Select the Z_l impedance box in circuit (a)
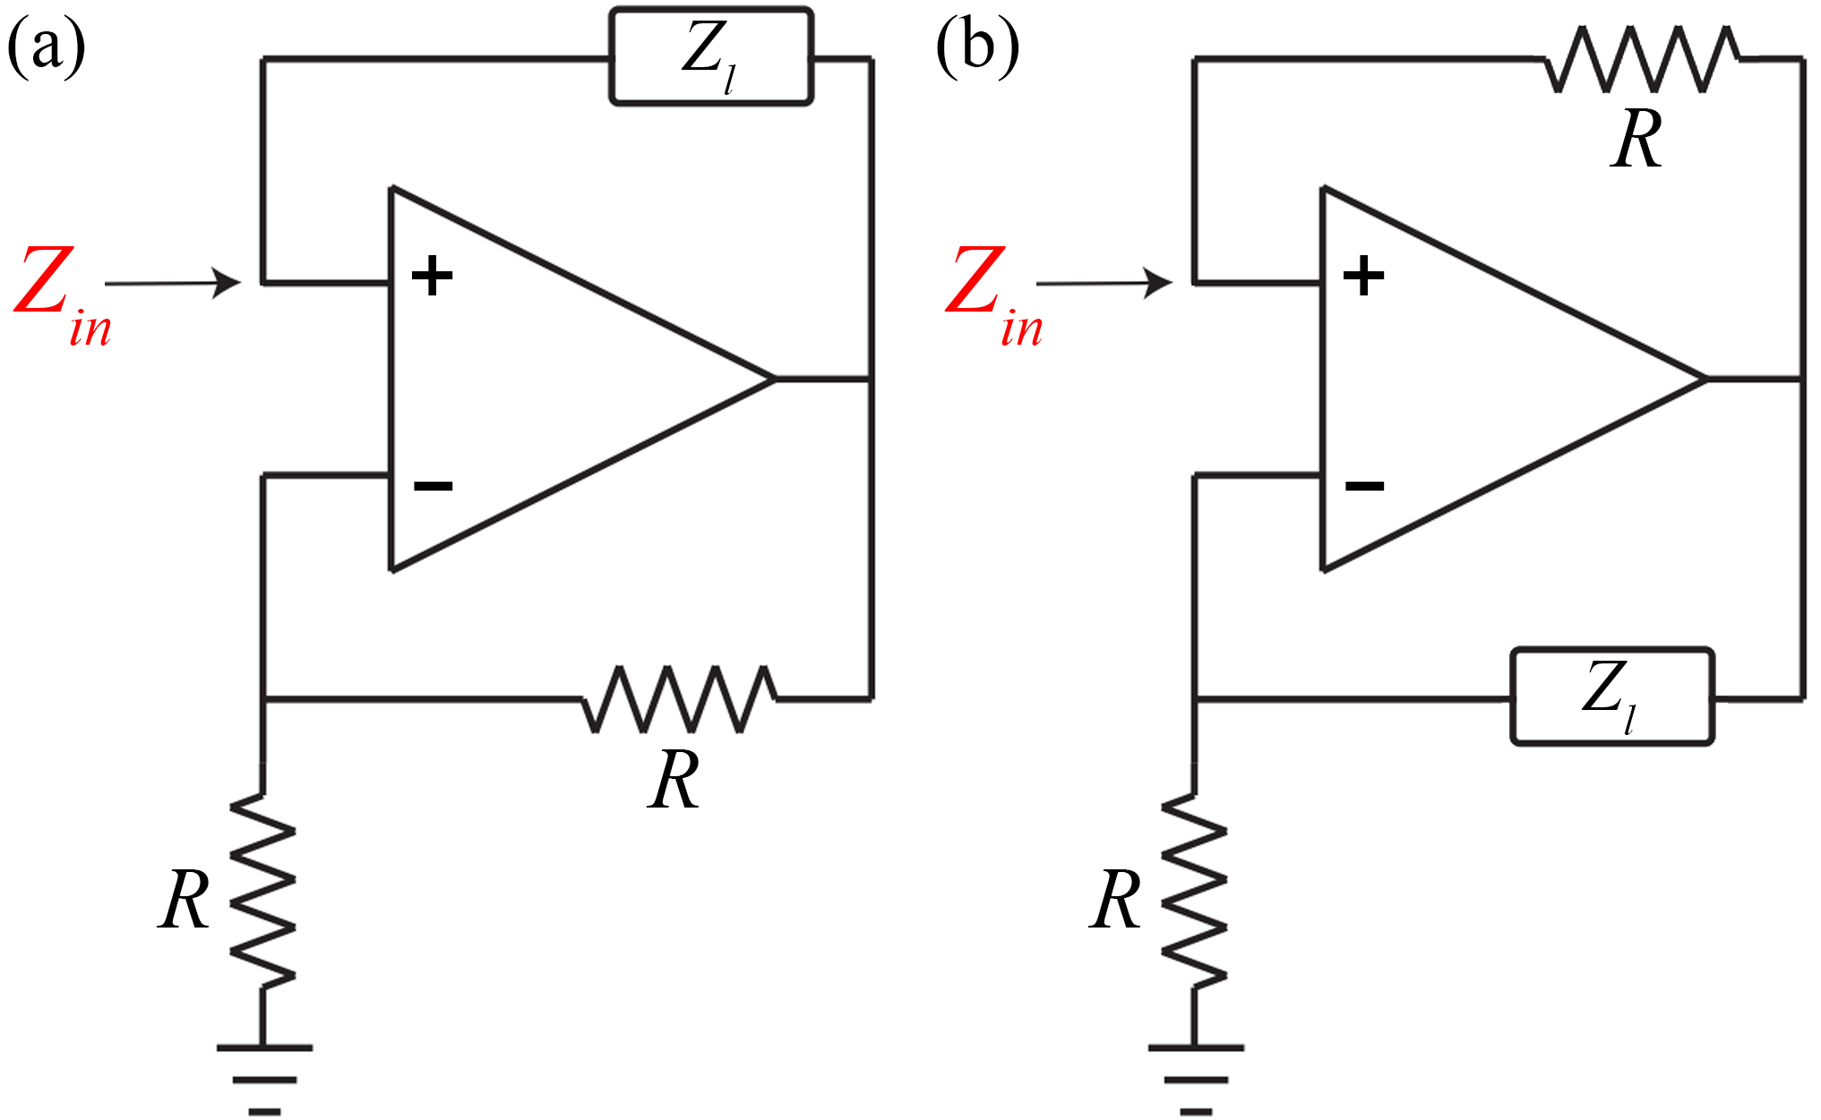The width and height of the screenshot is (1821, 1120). click(x=711, y=57)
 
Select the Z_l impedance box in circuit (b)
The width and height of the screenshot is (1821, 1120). click(x=1612, y=697)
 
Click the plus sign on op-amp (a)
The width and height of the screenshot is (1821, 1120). click(x=432, y=276)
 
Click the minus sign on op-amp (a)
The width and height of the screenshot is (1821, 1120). click(x=433, y=486)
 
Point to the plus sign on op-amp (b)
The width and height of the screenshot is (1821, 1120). click(x=1363, y=276)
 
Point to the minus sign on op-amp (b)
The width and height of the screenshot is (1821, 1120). click(x=1364, y=486)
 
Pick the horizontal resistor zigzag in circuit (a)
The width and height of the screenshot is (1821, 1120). click(x=679, y=699)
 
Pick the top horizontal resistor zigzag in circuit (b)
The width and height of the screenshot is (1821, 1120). click(x=1643, y=59)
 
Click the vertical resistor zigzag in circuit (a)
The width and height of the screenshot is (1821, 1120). click(x=263, y=892)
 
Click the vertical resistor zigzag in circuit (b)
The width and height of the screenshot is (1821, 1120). click(x=1195, y=892)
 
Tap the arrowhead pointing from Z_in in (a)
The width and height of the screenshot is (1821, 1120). click(x=228, y=283)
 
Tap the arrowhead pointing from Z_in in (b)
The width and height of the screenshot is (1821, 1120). click(x=1159, y=283)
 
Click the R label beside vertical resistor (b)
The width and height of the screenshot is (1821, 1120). click(x=1115, y=900)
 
